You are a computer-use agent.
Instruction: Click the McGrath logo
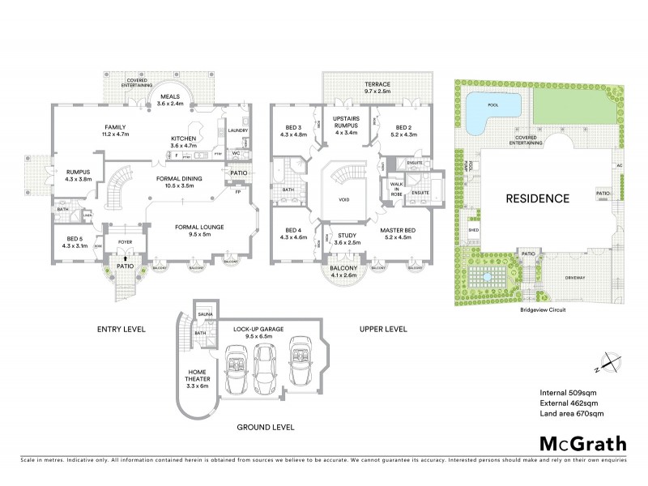pyautogui.click(x=583, y=443)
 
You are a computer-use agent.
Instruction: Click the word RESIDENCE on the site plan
pyautogui.click(x=539, y=198)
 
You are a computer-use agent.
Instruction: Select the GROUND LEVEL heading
pyautogui.click(x=266, y=426)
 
